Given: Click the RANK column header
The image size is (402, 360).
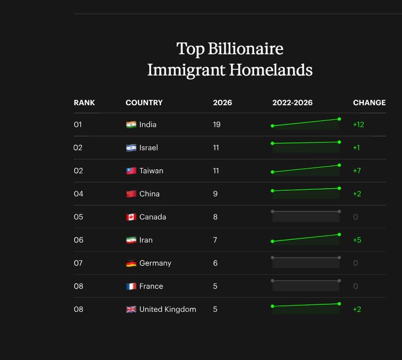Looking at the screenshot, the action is pos(84,103).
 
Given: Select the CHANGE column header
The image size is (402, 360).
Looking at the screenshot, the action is pos(369,103).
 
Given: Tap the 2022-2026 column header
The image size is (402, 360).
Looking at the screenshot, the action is pos(292,103).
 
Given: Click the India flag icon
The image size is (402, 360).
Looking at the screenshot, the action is pos(131,125).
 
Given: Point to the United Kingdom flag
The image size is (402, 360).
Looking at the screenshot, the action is pos(131,310).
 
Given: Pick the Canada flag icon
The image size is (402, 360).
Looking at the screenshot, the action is pos(131,217).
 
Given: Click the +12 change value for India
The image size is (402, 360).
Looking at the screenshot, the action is pos(359,125).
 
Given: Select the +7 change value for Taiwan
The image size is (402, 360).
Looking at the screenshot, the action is pos(357,171).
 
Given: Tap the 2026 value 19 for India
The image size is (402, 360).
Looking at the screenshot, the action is pos(217,125).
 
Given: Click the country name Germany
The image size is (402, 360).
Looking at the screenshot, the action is pos(155,263).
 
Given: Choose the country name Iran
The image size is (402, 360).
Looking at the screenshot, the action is pos(146,240).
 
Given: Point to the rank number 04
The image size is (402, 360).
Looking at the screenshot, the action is pos(78,194).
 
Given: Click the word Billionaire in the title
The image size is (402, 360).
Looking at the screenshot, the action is pos(246,49).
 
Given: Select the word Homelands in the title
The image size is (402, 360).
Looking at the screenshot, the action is pos(271,70).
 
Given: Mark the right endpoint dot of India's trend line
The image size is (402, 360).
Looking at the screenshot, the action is pos(339,119).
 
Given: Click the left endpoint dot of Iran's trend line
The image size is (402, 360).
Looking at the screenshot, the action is pos(273,241).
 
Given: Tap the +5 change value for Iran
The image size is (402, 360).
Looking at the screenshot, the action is pos(357,240).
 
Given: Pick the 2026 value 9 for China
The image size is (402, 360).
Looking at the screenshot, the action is pos(215,194).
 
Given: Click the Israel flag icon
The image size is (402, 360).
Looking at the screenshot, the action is pos(131,148).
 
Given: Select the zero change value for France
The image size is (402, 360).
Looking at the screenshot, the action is pos(355,286).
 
